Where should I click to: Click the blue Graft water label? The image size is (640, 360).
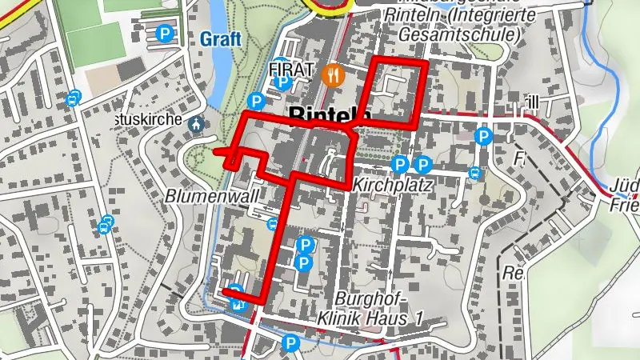coord(221,39)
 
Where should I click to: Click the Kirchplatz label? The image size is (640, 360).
coord(392,186)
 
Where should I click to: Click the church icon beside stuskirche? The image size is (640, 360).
coord(196,124)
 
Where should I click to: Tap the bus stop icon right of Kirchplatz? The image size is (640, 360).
coord(475,173)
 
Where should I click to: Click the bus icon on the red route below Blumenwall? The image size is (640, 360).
coord(274,226)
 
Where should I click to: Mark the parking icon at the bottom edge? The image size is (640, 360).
coord(291,344)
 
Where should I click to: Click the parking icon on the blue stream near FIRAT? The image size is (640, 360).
coord(256,101)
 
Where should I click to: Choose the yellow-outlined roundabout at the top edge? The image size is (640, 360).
coord(328,4)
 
